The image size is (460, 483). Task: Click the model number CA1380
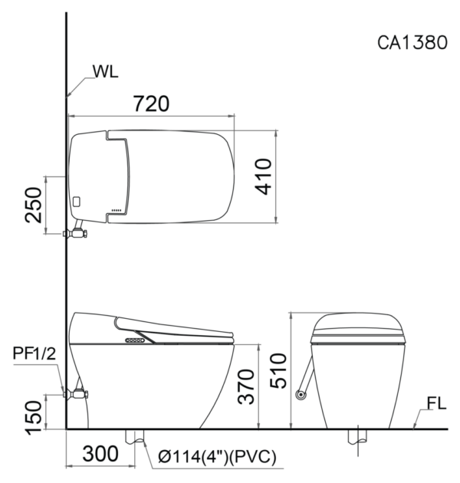(412, 42)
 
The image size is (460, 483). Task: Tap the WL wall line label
(105, 72)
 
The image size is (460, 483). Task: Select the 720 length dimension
(151, 103)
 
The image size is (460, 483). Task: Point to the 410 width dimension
(264, 176)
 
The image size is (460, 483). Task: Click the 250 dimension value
(33, 205)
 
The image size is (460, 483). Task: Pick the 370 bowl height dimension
(246, 386)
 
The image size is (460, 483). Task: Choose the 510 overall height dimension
(278, 370)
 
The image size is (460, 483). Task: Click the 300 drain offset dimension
(100, 454)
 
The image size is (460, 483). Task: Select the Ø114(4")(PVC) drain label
(217, 457)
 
